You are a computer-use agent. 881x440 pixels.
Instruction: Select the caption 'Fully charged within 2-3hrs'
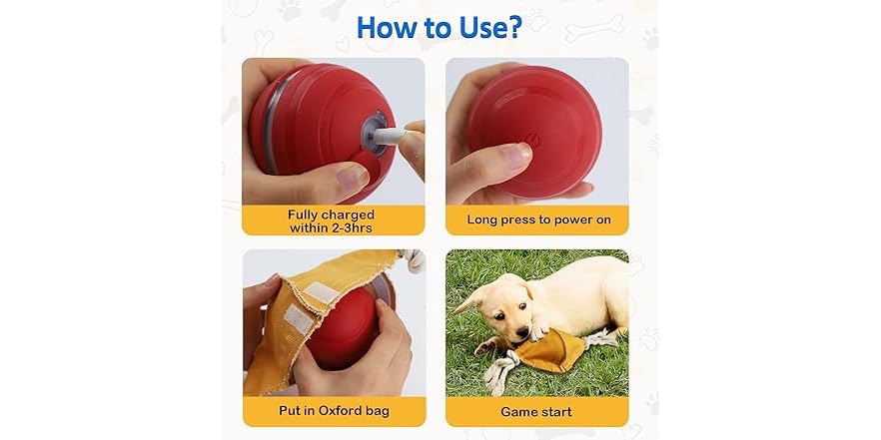click(x=332, y=220)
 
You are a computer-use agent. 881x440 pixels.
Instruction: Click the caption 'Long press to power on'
click(x=536, y=219)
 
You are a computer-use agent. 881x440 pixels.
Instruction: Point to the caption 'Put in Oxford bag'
click(x=333, y=410)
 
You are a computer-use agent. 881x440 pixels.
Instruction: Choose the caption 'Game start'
click(x=536, y=410)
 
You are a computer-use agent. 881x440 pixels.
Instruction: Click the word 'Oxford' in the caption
click(x=344, y=410)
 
